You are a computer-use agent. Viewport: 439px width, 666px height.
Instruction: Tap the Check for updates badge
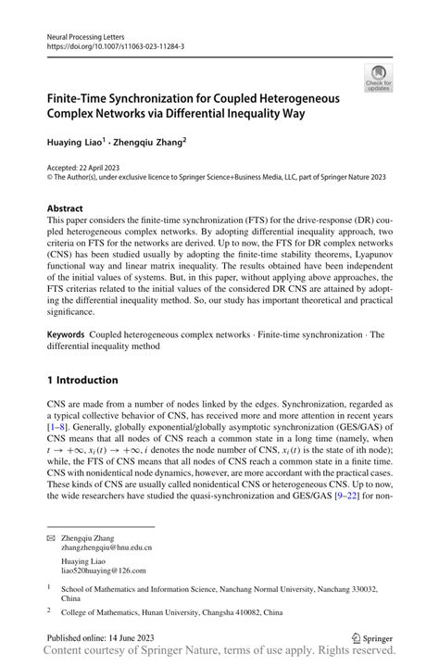coord(377,80)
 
